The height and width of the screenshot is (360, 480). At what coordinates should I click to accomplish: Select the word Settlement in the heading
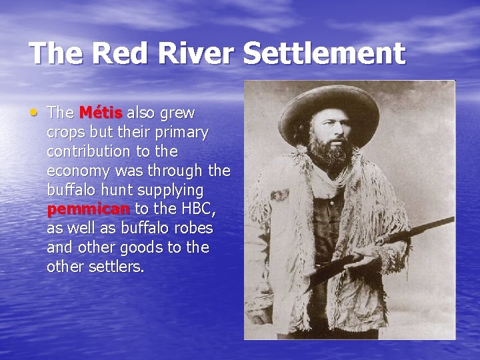coord(324,53)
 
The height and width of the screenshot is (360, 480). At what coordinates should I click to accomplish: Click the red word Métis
coord(101,112)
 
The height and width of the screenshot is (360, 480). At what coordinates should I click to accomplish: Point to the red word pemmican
coord(89,209)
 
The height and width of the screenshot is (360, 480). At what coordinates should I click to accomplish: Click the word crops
coord(66,132)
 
